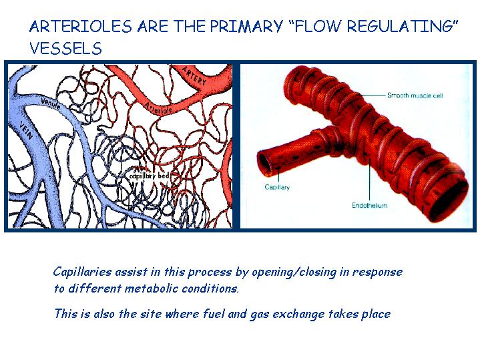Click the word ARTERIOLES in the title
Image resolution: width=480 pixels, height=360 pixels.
coord(81,26)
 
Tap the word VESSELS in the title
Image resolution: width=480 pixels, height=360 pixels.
coord(66,48)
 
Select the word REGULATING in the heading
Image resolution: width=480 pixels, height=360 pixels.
coord(402,26)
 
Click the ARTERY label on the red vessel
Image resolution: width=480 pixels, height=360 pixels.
coord(194,75)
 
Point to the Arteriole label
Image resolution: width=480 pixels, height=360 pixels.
coord(158,108)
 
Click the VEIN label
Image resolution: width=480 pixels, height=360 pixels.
coord(25,130)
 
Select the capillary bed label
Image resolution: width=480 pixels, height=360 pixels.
coord(149,176)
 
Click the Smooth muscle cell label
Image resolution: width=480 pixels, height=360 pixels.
coord(415,96)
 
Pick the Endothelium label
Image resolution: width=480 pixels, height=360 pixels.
coord(369,205)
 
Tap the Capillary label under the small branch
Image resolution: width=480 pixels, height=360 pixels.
coord(277,187)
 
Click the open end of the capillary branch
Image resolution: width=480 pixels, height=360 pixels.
coord(265,163)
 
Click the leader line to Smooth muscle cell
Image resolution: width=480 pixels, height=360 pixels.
coord(373,95)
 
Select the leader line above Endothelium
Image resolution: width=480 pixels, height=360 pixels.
coord(369,179)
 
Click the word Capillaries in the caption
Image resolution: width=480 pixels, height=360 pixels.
coord(82,272)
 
